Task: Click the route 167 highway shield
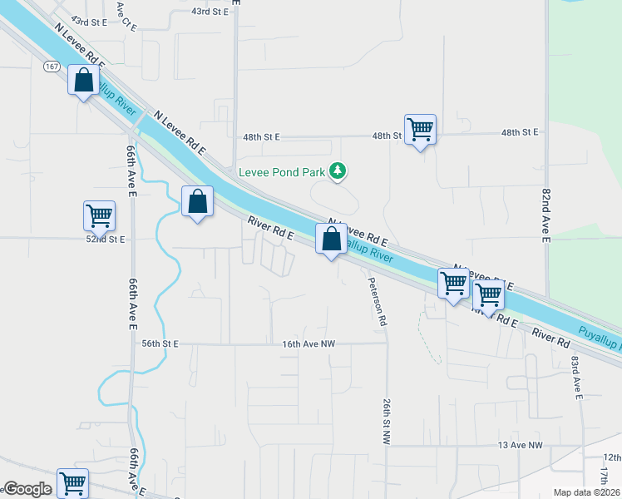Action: tap(52, 67)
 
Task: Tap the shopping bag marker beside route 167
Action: tap(83, 82)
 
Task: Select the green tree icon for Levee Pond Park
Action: tap(338, 170)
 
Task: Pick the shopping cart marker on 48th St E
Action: tap(421, 129)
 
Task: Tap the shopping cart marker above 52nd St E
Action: tap(99, 215)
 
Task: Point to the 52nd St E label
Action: tap(104, 239)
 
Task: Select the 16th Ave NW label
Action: tap(303, 343)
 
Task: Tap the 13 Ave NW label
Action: tap(521, 446)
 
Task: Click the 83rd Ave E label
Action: tap(575, 377)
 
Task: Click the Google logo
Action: tap(27, 489)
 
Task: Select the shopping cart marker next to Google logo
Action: tap(72, 482)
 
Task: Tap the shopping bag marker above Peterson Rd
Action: tap(332, 240)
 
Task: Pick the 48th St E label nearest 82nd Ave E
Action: tap(520, 132)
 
